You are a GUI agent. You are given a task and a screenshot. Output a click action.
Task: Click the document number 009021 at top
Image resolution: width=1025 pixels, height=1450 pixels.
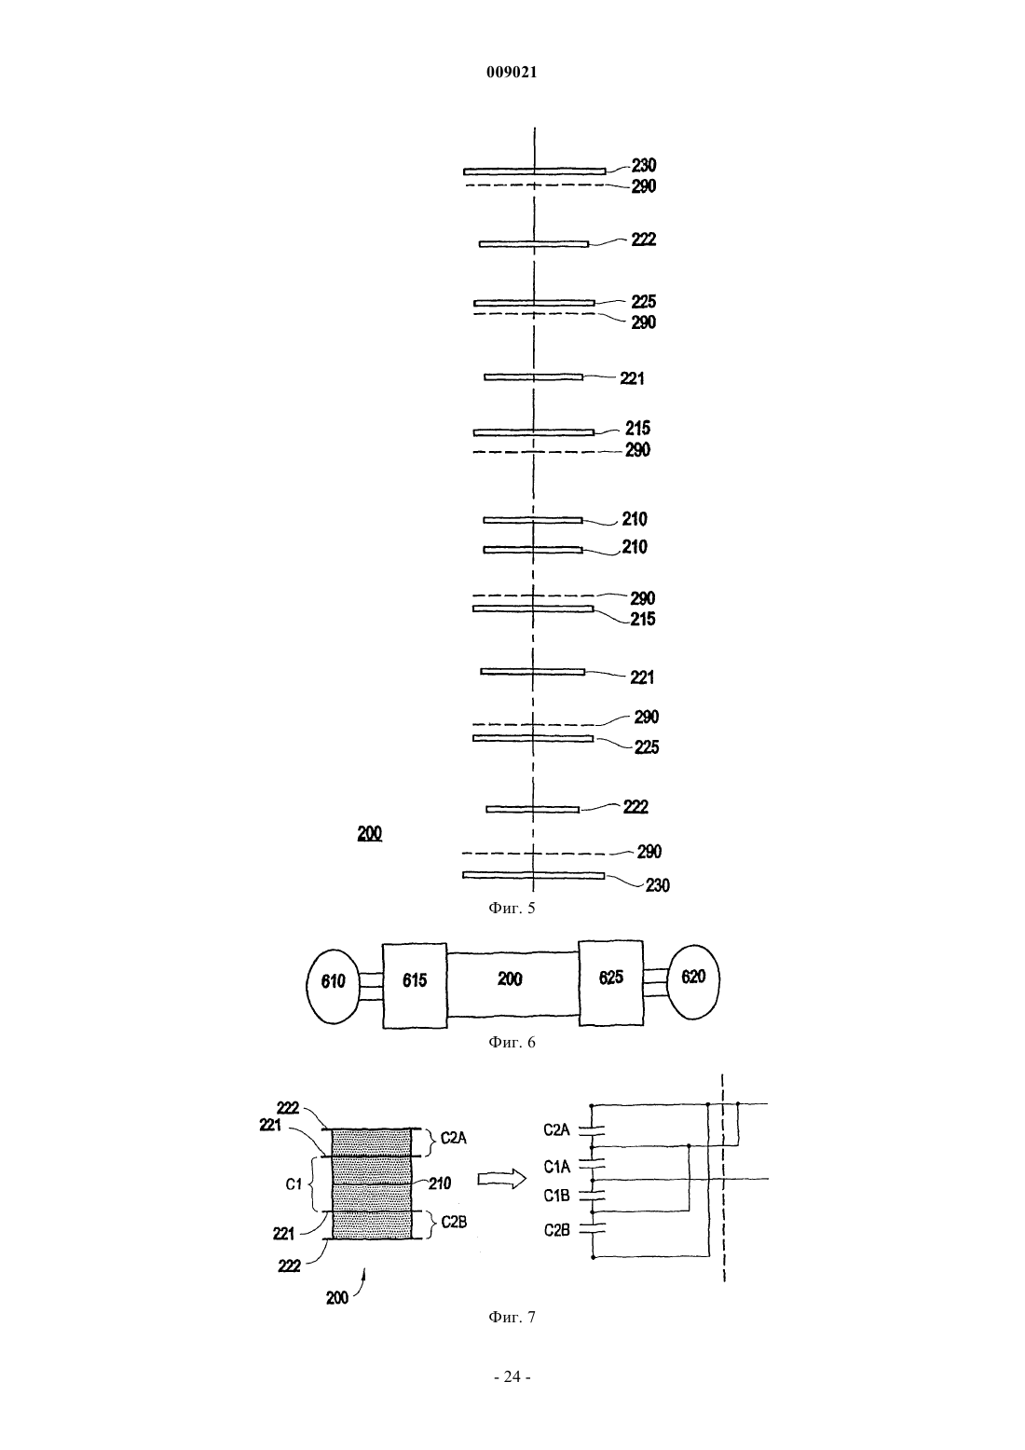[512, 73]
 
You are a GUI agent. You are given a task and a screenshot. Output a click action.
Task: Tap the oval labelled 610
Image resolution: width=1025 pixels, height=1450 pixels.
[333, 986]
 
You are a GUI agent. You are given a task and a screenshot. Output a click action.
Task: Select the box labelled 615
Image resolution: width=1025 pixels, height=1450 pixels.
[414, 985]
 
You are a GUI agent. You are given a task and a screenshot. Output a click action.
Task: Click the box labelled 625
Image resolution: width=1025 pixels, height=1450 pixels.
[611, 982]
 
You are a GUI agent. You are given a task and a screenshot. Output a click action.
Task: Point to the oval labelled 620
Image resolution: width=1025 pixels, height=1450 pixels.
[693, 982]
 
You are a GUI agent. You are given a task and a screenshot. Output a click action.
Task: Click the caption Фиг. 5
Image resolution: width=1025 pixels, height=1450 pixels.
[512, 908]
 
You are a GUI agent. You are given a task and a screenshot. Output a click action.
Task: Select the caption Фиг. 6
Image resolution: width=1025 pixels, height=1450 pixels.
[512, 1042]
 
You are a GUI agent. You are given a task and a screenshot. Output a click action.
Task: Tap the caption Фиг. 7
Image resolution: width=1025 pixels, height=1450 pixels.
[512, 1317]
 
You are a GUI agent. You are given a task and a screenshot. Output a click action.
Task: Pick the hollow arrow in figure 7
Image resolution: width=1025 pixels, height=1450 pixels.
[501, 1180]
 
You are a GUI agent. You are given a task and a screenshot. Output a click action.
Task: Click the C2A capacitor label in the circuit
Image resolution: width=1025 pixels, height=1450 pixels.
[556, 1130]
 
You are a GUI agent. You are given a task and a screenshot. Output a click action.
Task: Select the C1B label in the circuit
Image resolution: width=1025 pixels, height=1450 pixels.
[556, 1196]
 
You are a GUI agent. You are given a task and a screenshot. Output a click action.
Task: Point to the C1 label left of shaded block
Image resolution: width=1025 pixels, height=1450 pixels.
[294, 1184]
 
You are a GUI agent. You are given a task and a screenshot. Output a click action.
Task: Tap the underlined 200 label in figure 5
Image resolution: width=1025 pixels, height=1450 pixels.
[370, 833]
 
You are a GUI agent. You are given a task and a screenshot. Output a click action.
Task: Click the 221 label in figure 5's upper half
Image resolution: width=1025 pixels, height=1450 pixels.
[632, 378]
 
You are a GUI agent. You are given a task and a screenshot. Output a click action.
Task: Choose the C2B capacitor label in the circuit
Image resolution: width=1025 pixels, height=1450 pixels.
[556, 1230]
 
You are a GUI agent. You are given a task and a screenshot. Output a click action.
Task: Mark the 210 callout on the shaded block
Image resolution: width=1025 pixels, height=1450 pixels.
[440, 1183]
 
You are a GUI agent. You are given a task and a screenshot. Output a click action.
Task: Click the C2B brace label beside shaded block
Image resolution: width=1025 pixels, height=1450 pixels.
[454, 1222]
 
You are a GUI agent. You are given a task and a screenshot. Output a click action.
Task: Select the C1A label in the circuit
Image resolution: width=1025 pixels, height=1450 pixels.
[556, 1167]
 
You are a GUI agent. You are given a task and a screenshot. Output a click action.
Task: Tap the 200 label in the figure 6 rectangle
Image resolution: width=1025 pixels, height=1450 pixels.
[510, 978]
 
